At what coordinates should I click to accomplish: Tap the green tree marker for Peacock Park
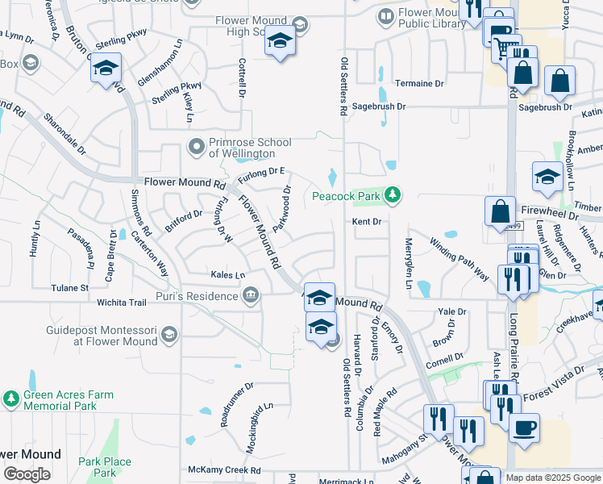tap(393, 194)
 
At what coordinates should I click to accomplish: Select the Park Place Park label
tap(105, 467)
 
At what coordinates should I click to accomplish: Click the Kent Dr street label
tap(365, 221)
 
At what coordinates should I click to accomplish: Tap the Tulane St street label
tap(69, 287)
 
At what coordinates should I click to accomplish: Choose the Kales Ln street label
tap(227, 275)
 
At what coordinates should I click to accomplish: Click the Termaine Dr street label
tap(419, 83)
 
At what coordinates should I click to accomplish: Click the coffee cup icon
tap(524, 429)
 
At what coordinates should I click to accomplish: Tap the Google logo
tap(27, 474)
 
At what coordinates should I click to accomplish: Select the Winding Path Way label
tap(459, 260)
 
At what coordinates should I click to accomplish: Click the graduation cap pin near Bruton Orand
tap(106, 70)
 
